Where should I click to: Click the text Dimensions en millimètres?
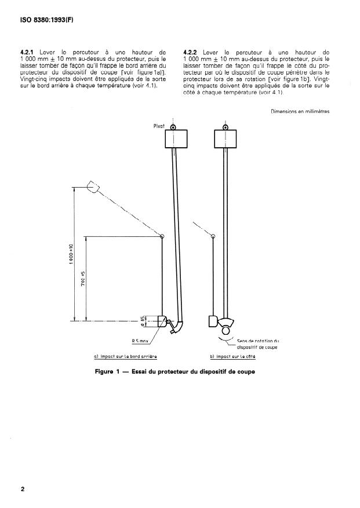tap(300, 112)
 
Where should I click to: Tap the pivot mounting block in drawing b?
tap(226, 138)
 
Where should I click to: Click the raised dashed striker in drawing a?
tap(93, 187)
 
